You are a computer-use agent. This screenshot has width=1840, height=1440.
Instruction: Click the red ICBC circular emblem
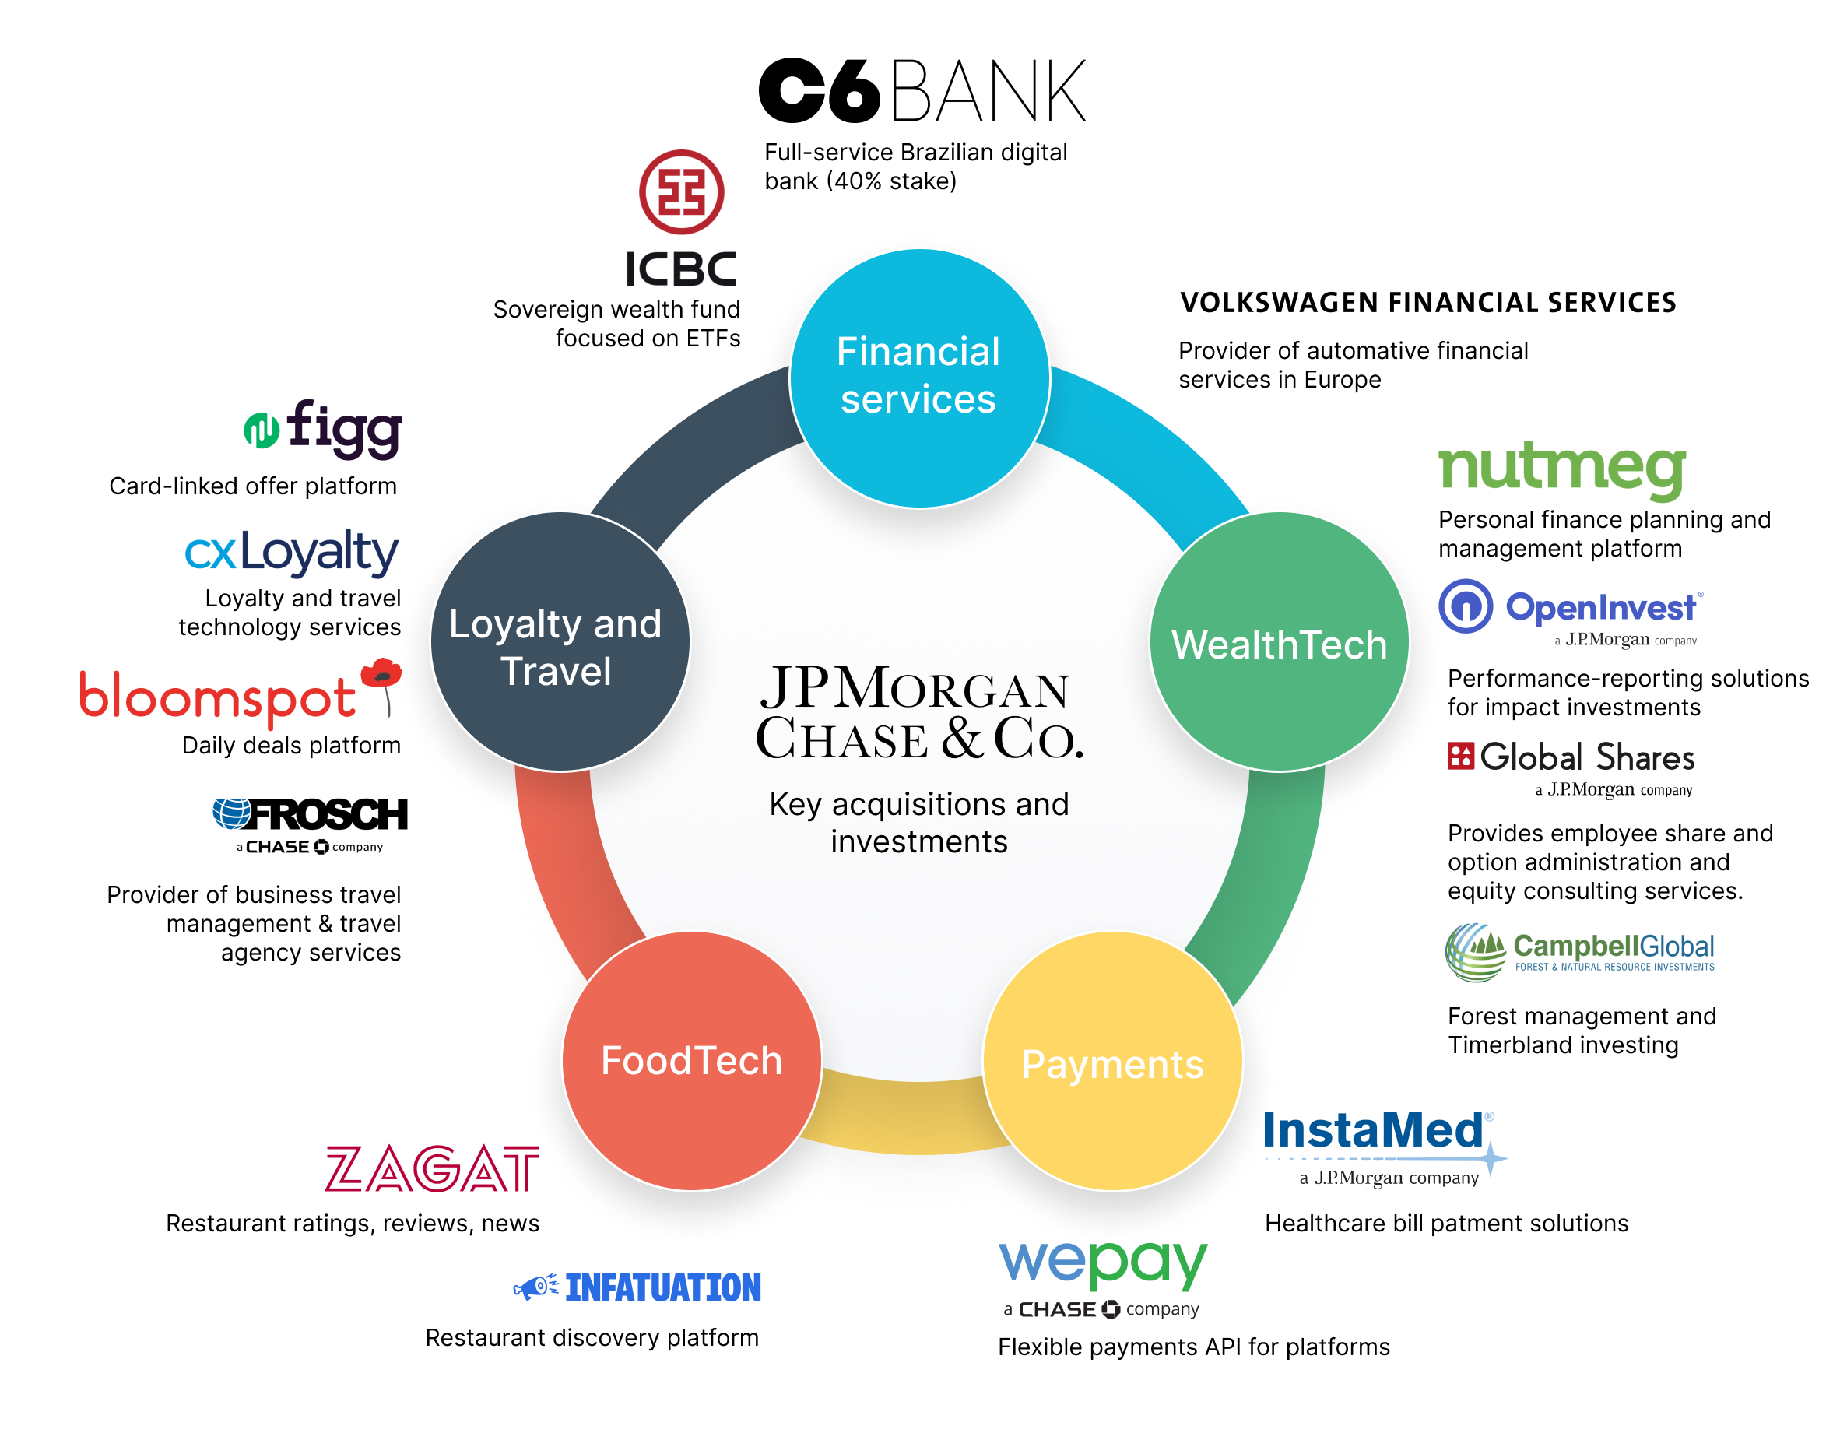click(681, 192)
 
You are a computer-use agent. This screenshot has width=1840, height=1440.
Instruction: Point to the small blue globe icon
click(232, 813)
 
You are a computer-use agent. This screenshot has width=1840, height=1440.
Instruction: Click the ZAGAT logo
click(431, 1168)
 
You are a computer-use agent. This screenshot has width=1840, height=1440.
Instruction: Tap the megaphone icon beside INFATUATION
click(535, 1287)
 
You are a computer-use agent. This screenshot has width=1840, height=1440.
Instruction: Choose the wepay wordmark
click(1102, 1263)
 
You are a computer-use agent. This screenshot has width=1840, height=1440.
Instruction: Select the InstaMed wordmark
click(1374, 1132)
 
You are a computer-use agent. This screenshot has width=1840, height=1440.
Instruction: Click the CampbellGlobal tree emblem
click(1475, 953)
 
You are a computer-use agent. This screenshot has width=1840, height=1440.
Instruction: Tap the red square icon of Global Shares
click(1460, 757)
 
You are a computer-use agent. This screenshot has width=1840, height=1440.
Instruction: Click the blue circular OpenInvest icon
click(1466, 606)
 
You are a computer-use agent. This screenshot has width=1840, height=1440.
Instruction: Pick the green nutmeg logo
click(1562, 469)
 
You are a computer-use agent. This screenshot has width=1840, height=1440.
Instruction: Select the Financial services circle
click(918, 378)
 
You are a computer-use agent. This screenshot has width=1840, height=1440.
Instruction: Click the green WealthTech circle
click(1280, 642)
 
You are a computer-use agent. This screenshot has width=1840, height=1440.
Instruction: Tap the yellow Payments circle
click(1112, 1062)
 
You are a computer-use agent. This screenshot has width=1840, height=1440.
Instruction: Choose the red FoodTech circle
click(691, 1061)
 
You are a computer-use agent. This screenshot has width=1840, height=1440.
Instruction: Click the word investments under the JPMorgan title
click(918, 841)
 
